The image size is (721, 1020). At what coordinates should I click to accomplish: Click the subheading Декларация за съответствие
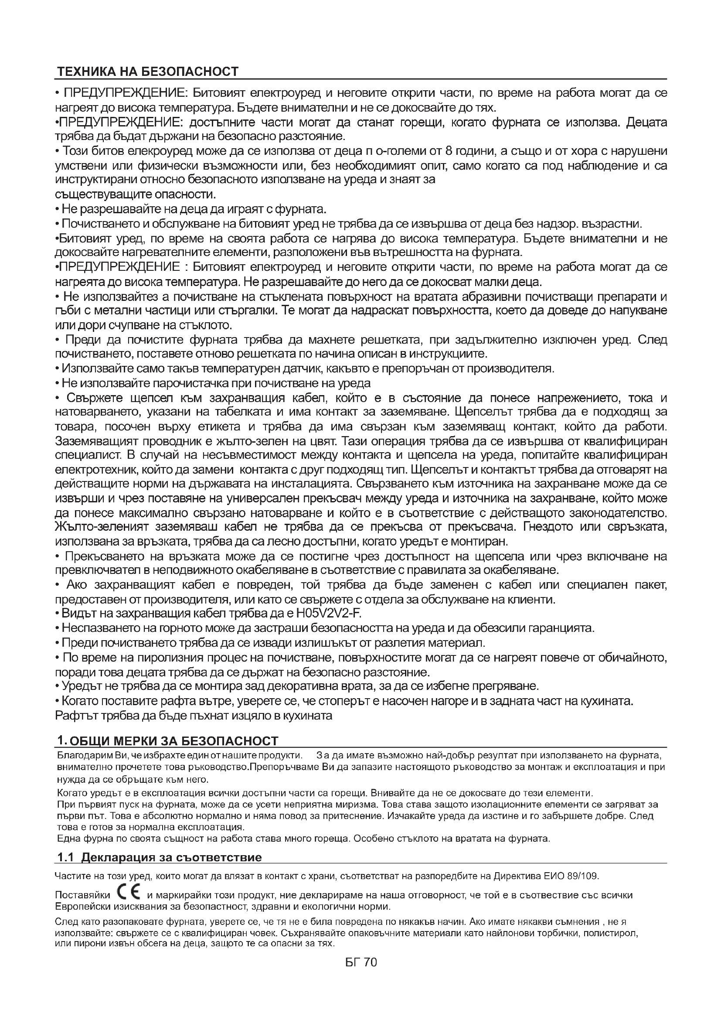[x=172, y=857]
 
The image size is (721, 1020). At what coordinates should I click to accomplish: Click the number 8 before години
[x=449, y=151]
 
